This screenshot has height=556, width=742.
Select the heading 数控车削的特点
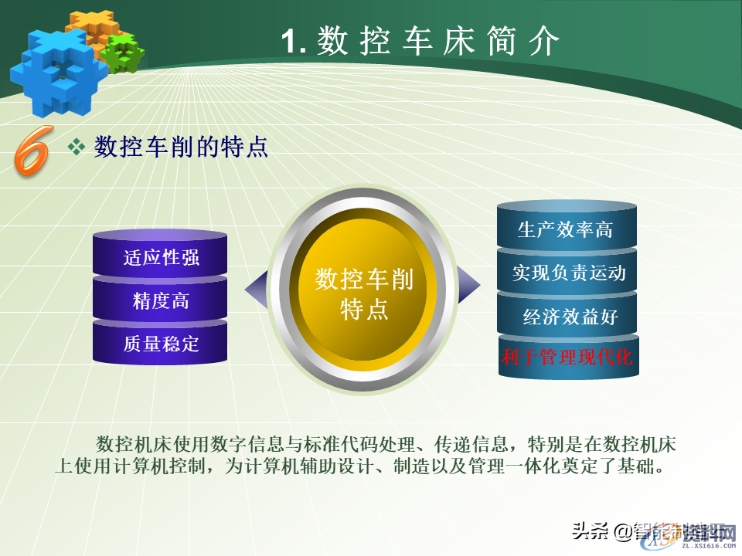point(181,146)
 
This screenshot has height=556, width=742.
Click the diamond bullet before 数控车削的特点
point(77,146)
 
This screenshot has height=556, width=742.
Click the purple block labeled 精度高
point(161,300)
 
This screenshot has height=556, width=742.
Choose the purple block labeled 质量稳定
point(161,344)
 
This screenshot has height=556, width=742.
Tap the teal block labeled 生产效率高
point(566,229)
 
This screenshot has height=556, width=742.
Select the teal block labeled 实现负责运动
point(568,273)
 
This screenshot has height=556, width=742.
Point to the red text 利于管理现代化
point(567,357)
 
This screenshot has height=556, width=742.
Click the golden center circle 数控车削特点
point(364,293)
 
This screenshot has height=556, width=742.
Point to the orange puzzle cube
point(92,27)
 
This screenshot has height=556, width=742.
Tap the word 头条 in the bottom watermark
point(587,531)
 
